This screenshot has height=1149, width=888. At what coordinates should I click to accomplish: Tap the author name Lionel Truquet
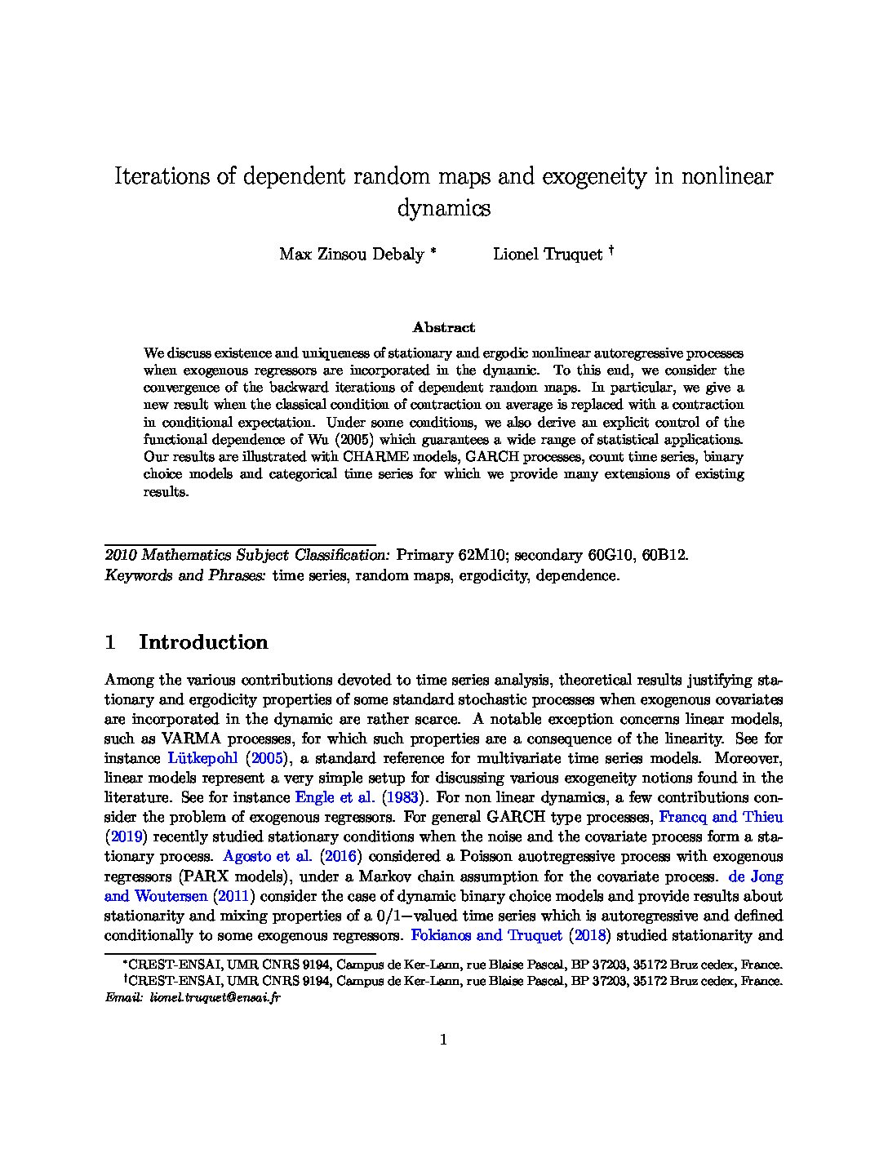[547, 254]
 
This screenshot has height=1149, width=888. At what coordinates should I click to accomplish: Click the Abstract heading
[443, 327]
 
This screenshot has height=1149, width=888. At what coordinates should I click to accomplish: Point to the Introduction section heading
[203, 642]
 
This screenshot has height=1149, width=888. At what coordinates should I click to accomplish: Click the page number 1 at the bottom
[444, 1039]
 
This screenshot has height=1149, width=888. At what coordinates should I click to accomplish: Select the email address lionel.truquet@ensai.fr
[215, 997]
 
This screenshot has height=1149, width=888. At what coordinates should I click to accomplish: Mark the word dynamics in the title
[443, 208]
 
